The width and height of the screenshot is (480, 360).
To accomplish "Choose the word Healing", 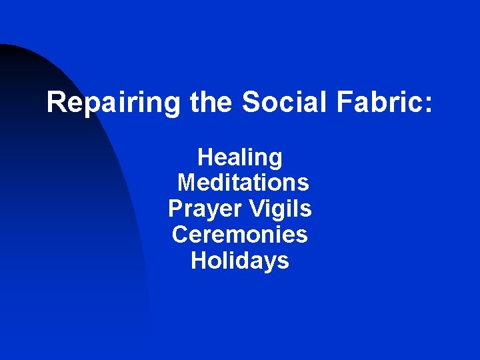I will pos(240,159).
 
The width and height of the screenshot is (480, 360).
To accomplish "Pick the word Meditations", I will pos(243,182).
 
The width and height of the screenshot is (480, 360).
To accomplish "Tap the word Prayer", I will pos(205,209).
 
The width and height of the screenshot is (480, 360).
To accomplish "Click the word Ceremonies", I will pos(240,234).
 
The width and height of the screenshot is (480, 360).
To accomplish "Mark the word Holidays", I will pos(240,261).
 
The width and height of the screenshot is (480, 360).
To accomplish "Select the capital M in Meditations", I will pos(187,182).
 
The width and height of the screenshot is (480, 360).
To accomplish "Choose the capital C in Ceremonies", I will pos(180,234).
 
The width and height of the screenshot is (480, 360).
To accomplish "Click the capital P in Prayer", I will pos(176,209).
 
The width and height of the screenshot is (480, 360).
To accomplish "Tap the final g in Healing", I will pos(275,161).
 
